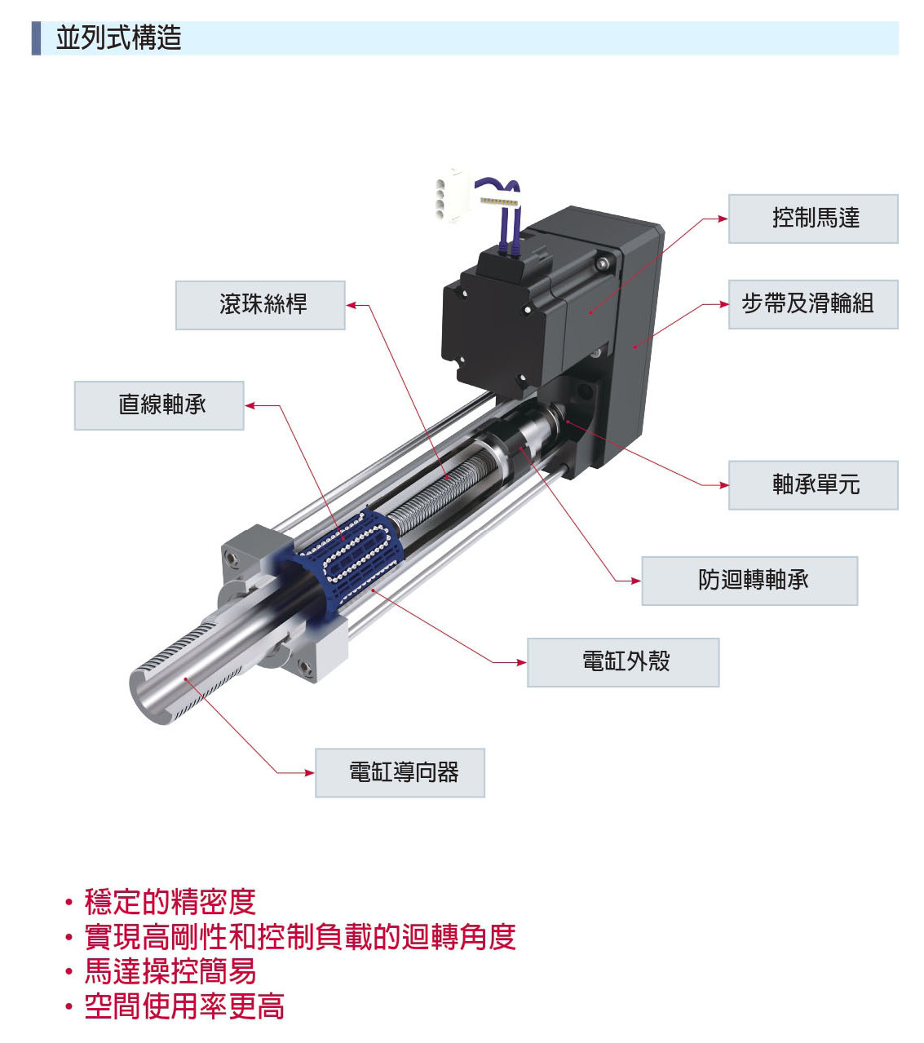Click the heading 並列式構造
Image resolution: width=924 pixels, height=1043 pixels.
pos(118,38)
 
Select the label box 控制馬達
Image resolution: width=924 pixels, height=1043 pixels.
pos(813,219)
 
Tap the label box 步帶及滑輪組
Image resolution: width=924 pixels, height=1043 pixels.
pos(813,304)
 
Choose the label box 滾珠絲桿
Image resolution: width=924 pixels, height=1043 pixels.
pos(260,305)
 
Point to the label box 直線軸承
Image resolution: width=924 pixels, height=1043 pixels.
pos(159,405)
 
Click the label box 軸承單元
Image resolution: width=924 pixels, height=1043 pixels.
pos(813,485)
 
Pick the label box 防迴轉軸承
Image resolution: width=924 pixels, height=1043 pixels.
pos(749,581)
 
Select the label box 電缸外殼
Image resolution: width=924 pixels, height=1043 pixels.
pos(623,662)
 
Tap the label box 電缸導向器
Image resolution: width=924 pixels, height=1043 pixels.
pos(400,772)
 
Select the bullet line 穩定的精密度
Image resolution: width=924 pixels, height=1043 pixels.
pos(170,902)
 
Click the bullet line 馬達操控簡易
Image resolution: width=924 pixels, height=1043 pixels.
pos(170,971)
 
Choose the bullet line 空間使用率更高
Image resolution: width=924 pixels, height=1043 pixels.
pos(184,1006)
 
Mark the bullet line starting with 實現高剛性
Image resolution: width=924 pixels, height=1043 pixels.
pos(300,936)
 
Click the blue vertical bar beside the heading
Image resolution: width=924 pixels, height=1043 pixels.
pos(36,38)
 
